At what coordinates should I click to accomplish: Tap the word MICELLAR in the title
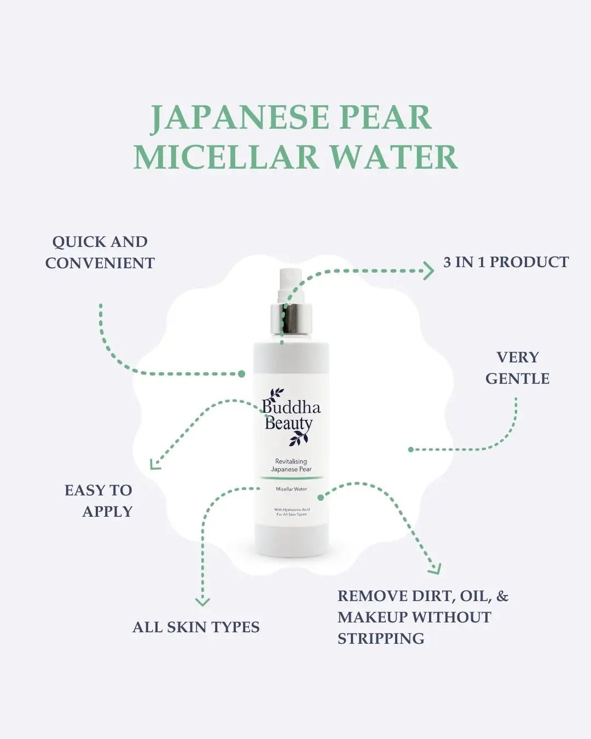point(226,157)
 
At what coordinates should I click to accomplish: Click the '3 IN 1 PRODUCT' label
point(506,262)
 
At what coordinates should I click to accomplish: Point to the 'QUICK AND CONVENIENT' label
point(100,252)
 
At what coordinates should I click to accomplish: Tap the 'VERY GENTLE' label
point(517,368)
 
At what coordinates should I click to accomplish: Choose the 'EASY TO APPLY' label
point(99,500)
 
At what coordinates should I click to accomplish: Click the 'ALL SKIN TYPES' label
point(196,627)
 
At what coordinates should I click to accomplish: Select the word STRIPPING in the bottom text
point(381,638)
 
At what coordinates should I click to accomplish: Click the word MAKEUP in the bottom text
point(373,617)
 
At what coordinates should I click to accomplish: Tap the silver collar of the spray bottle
point(292,320)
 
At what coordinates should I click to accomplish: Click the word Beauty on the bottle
point(288,423)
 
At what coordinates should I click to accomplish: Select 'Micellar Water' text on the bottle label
point(291,489)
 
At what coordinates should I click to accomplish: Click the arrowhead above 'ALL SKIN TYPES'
point(202,601)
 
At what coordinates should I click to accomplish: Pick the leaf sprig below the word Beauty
point(299,437)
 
